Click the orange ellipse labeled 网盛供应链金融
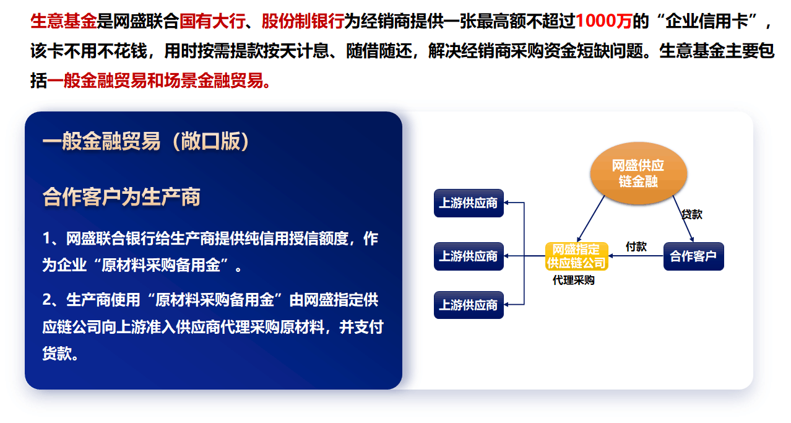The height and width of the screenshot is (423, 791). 639,173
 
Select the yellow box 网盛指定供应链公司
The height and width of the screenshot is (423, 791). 576,256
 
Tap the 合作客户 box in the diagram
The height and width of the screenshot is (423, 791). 694,256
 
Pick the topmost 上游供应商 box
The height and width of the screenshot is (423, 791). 469,203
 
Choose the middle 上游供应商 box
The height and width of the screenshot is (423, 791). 469,256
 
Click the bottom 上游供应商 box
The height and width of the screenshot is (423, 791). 469,305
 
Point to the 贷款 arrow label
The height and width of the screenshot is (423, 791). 692,214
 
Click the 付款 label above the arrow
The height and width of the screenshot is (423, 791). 636,246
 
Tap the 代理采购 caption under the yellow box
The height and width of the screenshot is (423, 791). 574,280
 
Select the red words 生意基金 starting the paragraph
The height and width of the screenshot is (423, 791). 64,21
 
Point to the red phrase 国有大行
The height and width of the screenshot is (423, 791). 212,21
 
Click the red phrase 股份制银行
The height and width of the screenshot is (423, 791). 303,21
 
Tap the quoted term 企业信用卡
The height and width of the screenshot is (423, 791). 707,21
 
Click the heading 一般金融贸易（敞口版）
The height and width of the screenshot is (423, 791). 146,141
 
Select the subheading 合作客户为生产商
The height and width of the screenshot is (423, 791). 121,197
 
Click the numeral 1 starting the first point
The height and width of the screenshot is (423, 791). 47,238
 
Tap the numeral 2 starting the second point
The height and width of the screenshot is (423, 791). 47,300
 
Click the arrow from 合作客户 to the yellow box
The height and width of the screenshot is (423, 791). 636,256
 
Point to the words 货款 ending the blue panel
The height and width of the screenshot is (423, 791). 56,353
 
